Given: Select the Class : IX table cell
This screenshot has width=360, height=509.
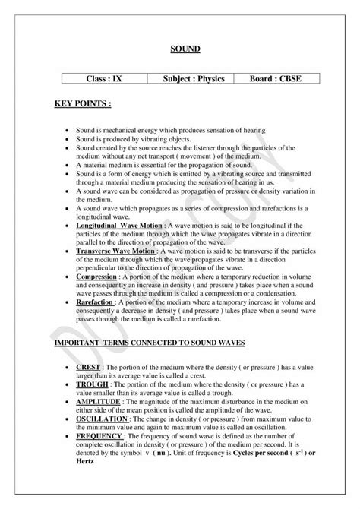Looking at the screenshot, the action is (x=103, y=79).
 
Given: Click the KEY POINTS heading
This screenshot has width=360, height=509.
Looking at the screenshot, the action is (x=86, y=102).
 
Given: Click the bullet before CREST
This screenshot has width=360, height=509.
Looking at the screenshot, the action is (x=68, y=368).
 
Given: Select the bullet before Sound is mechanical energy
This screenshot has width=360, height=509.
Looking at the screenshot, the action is (x=68, y=131).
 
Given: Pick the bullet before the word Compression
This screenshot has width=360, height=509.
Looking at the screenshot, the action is (x=68, y=277).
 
